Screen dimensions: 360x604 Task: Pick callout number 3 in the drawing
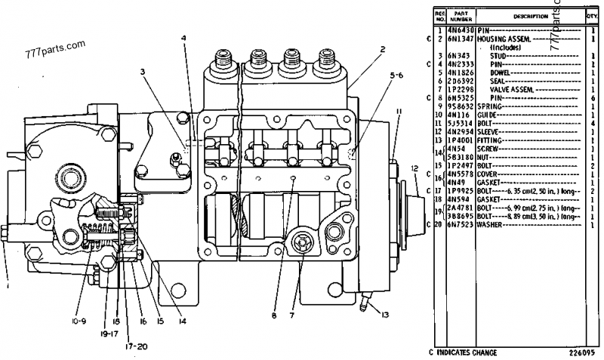pos(141,72)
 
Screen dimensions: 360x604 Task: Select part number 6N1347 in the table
pos(460,37)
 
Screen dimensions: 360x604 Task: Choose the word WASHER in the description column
pos(490,224)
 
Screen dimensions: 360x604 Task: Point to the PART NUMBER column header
pos(460,16)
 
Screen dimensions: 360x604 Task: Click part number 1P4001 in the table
pos(460,140)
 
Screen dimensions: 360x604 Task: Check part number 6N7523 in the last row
pos(460,224)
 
